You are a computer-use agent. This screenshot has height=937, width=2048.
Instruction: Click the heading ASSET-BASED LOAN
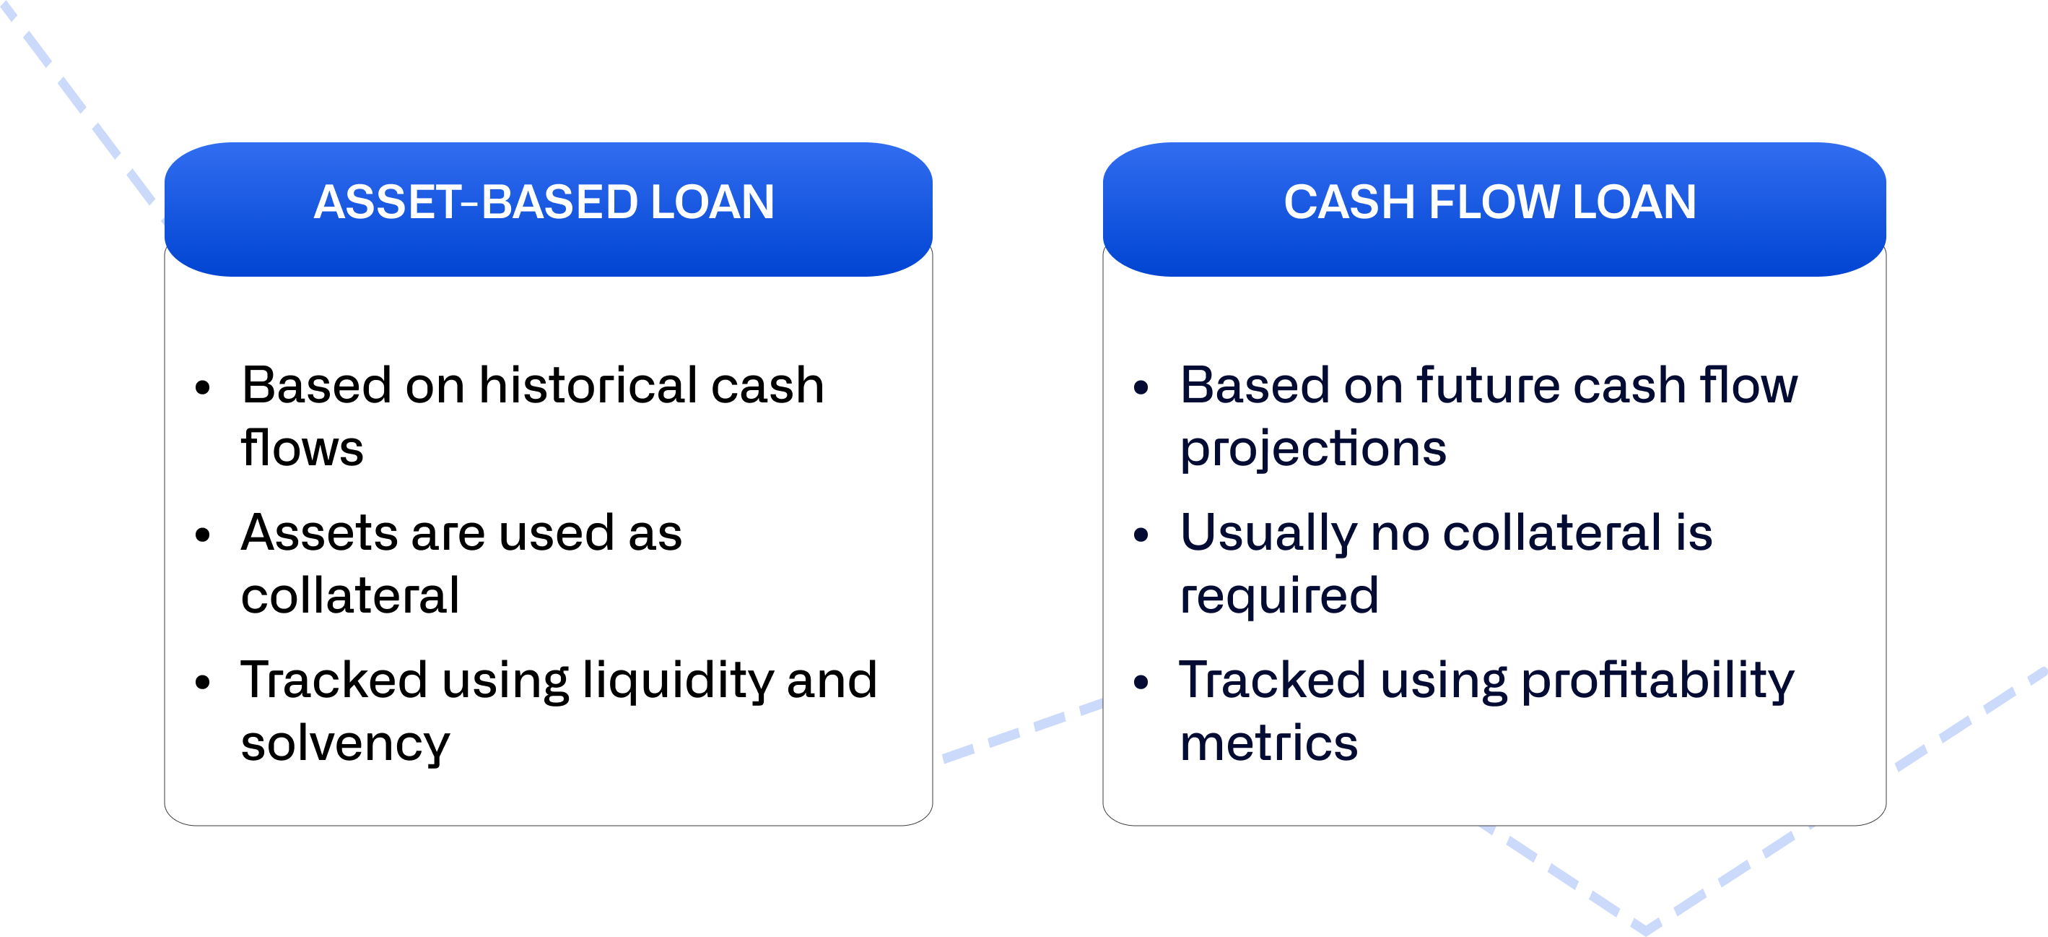[544, 202]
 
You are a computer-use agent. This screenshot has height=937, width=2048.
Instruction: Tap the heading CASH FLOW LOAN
[1489, 202]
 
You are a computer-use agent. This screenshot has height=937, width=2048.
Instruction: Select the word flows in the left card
[302, 449]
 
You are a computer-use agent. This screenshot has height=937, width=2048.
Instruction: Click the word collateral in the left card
[350, 596]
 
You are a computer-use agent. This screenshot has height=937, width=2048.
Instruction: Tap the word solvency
[345, 743]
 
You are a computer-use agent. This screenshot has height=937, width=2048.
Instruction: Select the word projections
[1312, 449]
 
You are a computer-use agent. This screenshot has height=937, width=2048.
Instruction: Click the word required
[1278, 596]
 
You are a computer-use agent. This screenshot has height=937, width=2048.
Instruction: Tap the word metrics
[1268, 743]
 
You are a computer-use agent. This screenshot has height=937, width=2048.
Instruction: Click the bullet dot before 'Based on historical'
[203, 388]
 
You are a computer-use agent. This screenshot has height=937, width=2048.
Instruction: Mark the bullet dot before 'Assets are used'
[203, 535]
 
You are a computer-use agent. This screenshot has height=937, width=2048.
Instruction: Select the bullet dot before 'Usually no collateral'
[1141, 535]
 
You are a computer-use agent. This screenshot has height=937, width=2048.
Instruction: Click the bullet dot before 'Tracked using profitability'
[1141, 682]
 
